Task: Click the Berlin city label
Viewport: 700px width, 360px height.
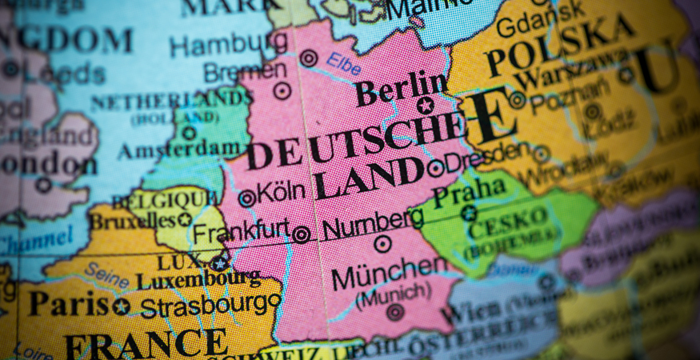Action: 402,88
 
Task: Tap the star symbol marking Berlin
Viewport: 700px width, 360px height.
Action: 425,105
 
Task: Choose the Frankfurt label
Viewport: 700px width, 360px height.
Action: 241,231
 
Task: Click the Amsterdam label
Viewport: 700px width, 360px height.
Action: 180,150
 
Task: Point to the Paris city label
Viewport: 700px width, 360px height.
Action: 68,302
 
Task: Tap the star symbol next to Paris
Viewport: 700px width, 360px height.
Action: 121,306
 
